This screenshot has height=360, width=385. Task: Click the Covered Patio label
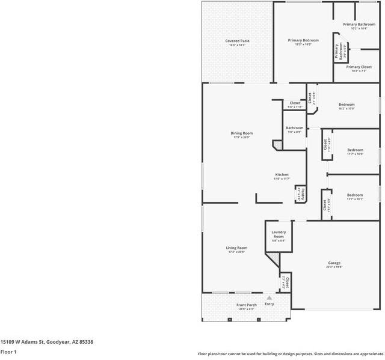pyautogui.click(x=237, y=41)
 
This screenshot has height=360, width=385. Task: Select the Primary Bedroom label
pyautogui.click(x=303, y=40)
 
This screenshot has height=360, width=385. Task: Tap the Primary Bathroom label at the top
pyautogui.click(x=359, y=25)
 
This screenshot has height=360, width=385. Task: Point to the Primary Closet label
pyautogui.click(x=359, y=67)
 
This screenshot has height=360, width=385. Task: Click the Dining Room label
pyautogui.click(x=241, y=133)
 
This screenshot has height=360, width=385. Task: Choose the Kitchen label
pyautogui.click(x=282, y=175)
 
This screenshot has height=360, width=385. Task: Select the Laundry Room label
pyautogui.click(x=278, y=234)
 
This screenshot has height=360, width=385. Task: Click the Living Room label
pyautogui.click(x=236, y=248)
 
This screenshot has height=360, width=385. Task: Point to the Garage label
pyautogui.click(x=334, y=263)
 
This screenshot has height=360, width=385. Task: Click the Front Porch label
pyautogui.click(x=246, y=305)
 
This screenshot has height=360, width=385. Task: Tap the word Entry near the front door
pyautogui.click(x=269, y=304)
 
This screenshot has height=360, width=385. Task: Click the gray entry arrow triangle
pyautogui.click(x=269, y=297)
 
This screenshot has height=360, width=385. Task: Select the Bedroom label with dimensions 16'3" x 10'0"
pyautogui.click(x=346, y=105)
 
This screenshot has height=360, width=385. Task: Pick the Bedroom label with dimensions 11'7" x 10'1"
pyautogui.click(x=354, y=195)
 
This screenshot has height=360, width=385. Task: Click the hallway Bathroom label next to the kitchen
pyautogui.click(x=294, y=127)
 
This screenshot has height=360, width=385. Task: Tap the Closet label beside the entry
pyautogui.click(x=287, y=281)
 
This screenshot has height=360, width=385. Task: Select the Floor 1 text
pyautogui.click(x=8, y=352)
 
